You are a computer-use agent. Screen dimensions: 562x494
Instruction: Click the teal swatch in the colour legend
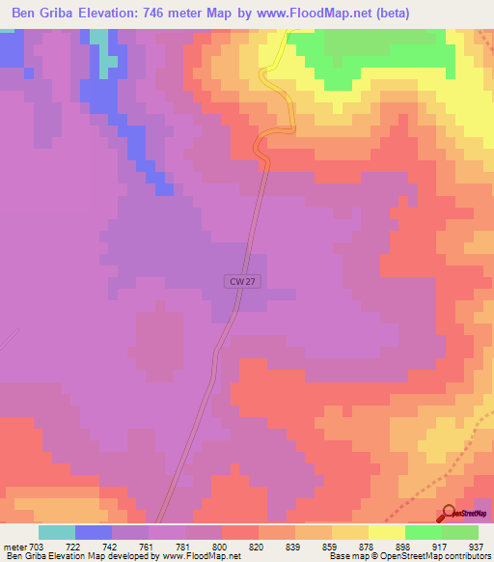57,532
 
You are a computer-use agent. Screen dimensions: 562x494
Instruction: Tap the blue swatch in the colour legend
94,532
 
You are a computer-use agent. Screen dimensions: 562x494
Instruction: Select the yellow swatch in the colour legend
387,532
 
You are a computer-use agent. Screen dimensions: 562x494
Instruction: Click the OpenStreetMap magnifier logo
449,513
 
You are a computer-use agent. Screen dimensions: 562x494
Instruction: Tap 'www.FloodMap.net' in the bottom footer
202,556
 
